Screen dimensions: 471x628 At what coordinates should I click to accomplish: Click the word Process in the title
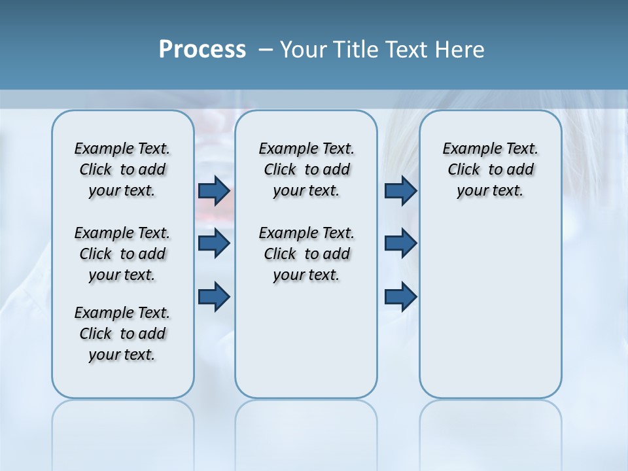click(x=202, y=50)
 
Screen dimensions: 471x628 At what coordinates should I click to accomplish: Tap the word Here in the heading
click(x=460, y=50)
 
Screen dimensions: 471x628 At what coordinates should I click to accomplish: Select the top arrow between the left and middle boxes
click(x=214, y=190)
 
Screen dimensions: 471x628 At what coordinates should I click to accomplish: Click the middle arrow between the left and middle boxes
click(x=214, y=243)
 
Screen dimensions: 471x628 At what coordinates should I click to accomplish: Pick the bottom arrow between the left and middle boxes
click(x=214, y=296)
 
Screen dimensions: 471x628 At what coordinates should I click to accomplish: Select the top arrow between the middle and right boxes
click(x=400, y=190)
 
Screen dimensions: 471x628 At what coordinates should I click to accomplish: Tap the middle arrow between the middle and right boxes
click(x=400, y=243)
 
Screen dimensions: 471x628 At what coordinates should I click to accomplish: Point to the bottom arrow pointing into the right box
click(x=400, y=296)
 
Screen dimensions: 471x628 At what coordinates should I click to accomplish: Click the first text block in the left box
click(x=122, y=169)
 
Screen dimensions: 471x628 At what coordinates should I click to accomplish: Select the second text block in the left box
click(x=122, y=254)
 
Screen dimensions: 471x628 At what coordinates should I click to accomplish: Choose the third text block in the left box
click(x=122, y=334)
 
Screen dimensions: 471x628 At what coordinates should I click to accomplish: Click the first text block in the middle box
click(x=306, y=169)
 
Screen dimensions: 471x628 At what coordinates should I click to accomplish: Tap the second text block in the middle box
click(x=306, y=254)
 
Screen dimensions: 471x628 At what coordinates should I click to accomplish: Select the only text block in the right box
click(x=491, y=169)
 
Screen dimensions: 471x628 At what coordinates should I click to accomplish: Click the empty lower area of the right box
click(x=491, y=314)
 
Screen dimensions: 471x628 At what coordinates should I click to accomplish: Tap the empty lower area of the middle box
click(x=306, y=340)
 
